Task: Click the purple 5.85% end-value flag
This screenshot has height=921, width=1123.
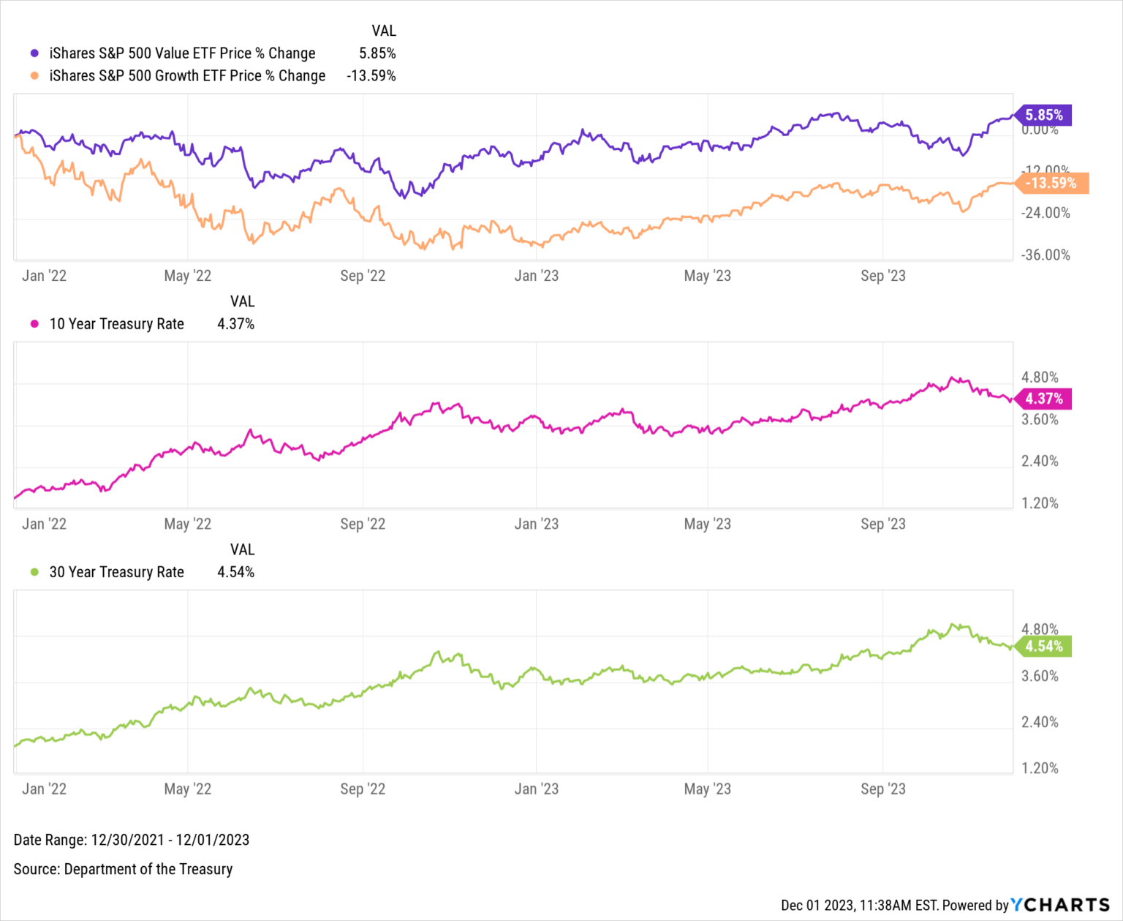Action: (x=1043, y=115)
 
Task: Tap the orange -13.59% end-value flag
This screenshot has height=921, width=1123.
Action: (x=1051, y=183)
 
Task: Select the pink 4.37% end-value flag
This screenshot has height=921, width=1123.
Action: (x=1043, y=399)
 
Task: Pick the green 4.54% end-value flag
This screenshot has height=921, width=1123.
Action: (x=1043, y=646)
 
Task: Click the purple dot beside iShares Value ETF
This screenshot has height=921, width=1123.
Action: (x=34, y=53)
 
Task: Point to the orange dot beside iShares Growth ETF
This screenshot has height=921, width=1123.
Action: (x=34, y=76)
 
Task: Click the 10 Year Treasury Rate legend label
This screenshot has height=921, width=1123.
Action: (x=116, y=324)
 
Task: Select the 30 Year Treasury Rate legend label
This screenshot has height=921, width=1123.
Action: (x=116, y=572)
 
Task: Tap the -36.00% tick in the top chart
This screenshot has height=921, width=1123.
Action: (x=1046, y=255)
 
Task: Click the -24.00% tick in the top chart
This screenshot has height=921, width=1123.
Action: (x=1046, y=213)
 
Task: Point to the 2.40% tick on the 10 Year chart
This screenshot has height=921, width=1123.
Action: (x=1040, y=461)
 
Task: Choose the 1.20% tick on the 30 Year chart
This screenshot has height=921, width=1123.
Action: (x=1040, y=768)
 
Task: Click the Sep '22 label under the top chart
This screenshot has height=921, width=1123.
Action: (x=363, y=276)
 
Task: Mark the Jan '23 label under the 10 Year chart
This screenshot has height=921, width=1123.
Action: (x=536, y=524)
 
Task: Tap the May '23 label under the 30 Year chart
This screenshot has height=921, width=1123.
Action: (x=707, y=789)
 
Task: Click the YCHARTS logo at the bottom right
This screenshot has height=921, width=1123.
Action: (x=1060, y=905)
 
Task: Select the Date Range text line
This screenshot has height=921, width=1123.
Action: (x=132, y=840)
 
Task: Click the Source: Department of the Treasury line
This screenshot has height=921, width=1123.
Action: (x=123, y=869)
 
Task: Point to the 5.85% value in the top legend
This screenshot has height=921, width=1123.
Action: (x=377, y=53)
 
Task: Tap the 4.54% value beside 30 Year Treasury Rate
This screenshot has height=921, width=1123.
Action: (x=235, y=572)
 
